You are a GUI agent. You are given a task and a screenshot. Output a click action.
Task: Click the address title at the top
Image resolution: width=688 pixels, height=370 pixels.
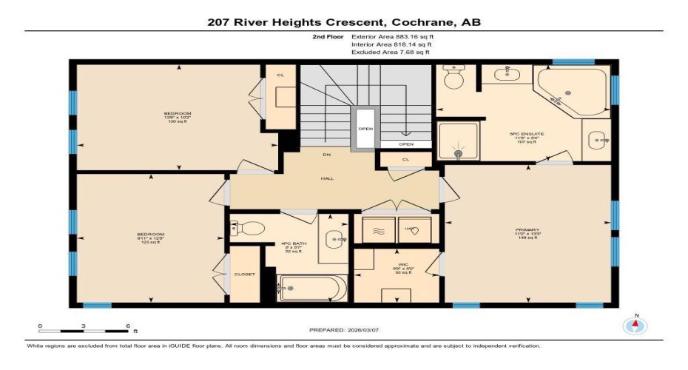click(x=344, y=22)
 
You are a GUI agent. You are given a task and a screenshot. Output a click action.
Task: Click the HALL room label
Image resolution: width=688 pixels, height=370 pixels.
click(x=326, y=178)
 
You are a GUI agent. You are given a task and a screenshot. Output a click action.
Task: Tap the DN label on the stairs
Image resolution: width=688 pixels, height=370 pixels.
click(x=326, y=155)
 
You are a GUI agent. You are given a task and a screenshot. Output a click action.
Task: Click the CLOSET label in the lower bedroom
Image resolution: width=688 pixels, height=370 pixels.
click(x=244, y=274)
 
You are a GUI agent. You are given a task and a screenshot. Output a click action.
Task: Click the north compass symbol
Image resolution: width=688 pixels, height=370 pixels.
click(x=634, y=326)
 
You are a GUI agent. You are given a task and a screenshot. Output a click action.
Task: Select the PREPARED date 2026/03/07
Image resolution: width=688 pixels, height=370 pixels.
click(x=344, y=329)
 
